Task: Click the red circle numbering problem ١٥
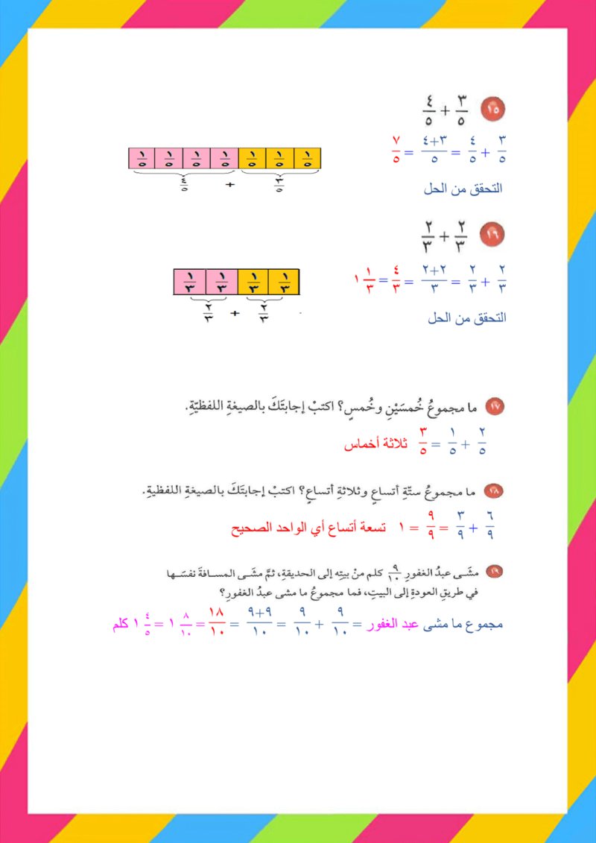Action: (492, 110)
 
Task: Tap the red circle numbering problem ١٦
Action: (493, 234)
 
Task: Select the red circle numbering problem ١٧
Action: (495, 406)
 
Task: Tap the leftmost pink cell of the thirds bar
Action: (189, 282)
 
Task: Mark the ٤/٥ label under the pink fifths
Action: (183, 183)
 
